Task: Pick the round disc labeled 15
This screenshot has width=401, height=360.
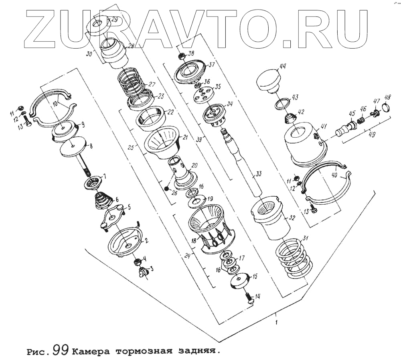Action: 240,280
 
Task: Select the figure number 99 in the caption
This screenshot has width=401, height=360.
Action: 62,350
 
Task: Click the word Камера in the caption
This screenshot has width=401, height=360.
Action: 92,351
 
